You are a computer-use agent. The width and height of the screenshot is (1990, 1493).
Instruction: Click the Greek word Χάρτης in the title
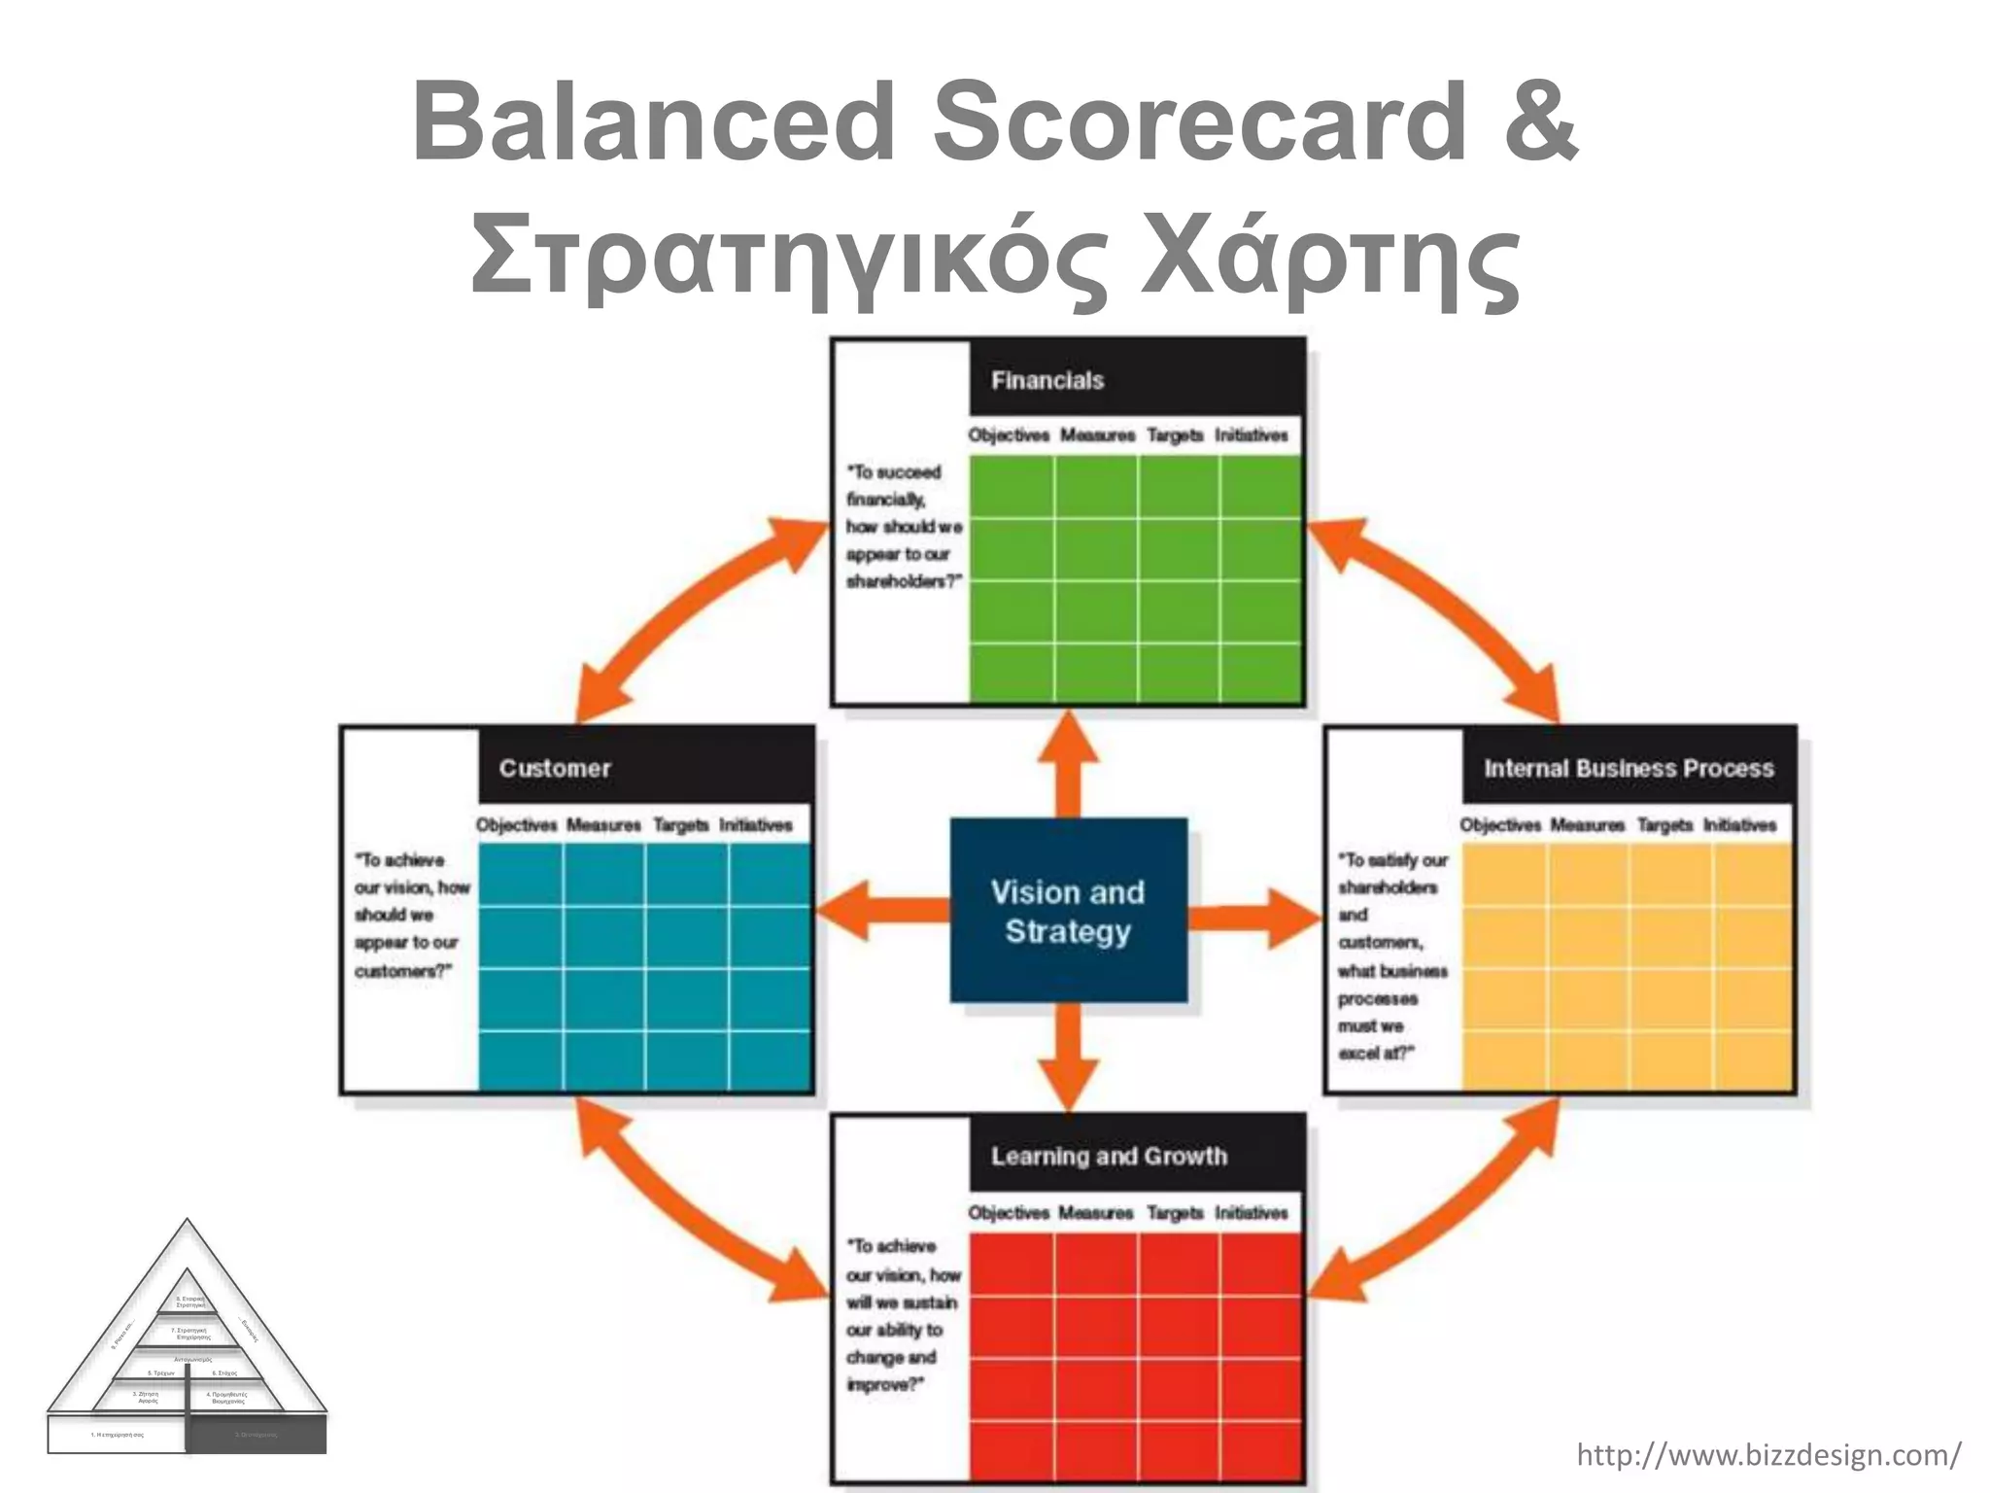1331,259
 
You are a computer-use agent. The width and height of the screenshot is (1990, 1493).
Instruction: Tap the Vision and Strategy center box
1068,911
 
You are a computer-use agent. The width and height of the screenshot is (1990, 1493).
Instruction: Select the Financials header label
1046,380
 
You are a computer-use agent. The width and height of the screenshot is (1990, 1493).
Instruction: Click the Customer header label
555,768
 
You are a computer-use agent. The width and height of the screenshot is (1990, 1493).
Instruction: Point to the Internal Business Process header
1629,768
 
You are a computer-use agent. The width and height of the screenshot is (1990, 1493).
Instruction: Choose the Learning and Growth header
1109,1156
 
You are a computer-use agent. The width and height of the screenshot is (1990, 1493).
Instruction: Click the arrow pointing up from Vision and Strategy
1068,763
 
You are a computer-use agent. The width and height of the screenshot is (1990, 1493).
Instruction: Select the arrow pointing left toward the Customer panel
879,910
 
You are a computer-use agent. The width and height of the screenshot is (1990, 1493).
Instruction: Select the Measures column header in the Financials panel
1097,435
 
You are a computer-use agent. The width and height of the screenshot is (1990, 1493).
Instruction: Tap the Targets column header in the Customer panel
680,825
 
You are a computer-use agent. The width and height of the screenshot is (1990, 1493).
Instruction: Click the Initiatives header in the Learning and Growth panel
1251,1212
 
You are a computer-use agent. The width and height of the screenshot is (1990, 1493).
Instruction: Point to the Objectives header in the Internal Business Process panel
1499,825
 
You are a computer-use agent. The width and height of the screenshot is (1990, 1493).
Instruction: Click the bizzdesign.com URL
1767,1455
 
